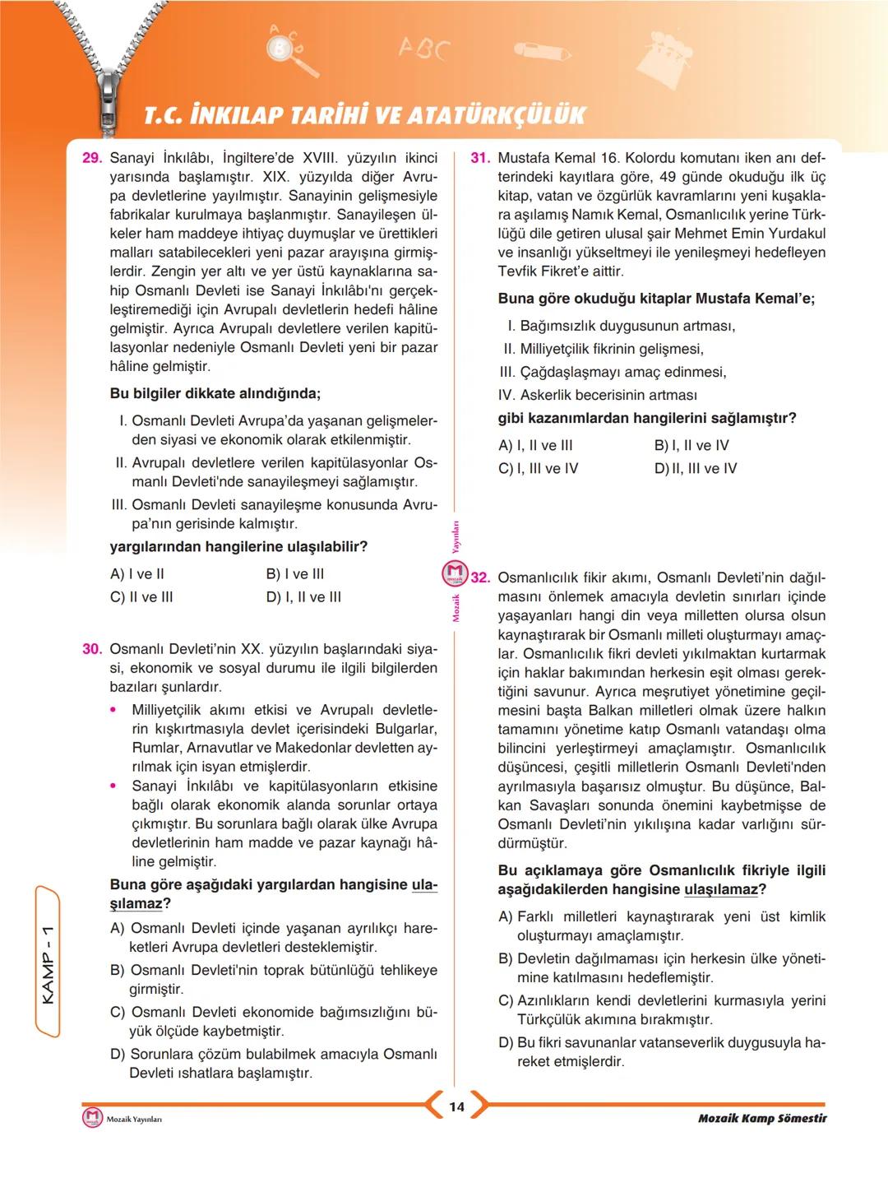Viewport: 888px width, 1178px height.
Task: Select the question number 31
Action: [480, 158]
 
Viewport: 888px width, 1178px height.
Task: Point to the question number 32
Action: [480, 578]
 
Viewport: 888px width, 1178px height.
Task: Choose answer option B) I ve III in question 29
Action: [295, 574]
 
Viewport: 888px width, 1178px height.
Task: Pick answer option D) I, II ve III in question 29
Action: [303, 597]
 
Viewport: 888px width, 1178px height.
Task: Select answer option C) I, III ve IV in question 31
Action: [539, 469]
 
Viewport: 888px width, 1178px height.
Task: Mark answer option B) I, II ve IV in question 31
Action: [691, 446]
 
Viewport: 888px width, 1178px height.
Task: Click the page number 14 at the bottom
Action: [456, 1107]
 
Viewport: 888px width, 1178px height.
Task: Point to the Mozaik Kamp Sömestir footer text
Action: [761, 1119]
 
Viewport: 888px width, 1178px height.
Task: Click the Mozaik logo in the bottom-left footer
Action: [93, 1119]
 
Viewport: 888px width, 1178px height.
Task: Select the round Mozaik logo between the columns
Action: [455, 573]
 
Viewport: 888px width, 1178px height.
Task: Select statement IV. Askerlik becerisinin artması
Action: [598, 396]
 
